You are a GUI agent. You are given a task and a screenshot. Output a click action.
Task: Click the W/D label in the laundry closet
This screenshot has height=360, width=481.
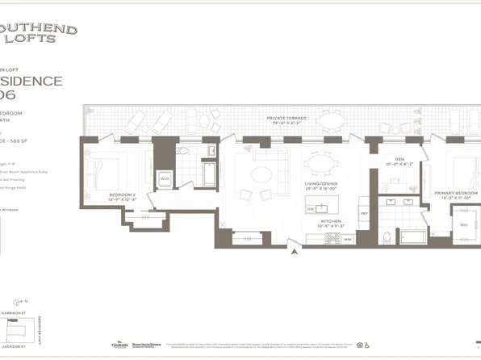click(x=165, y=179)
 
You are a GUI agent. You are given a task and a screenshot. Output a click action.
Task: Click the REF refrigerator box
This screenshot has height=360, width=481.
click(x=364, y=213)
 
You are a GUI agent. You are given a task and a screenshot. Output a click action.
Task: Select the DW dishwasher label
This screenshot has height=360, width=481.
click(x=310, y=209)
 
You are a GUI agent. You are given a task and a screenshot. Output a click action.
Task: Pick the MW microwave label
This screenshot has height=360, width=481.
click(x=348, y=238)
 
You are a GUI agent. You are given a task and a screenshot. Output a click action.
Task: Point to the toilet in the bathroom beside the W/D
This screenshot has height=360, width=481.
click(x=183, y=152)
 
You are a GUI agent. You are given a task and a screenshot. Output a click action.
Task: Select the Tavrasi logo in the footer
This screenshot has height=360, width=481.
click(x=120, y=344)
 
